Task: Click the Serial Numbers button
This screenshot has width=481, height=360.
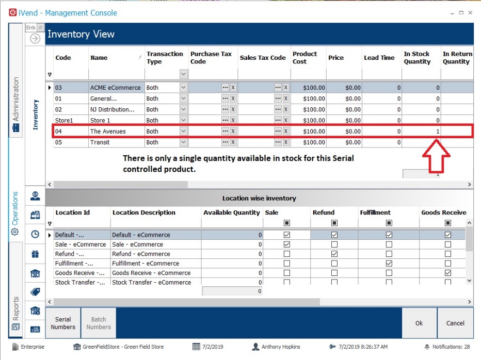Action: tap(63, 323)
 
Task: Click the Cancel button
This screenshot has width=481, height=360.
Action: tap(455, 323)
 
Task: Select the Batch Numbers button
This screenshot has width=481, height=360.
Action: tap(99, 323)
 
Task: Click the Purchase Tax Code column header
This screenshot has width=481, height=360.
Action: tap(211, 58)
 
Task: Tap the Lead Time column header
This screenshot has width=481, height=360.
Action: tap(379, 58)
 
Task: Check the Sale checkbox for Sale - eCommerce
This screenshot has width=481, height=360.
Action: tap(287, 244)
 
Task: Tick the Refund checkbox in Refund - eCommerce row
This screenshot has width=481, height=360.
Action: tap(334, 254)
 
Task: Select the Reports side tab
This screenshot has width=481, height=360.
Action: tap(15, 313)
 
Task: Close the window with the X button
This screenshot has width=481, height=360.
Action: tap(470, 13)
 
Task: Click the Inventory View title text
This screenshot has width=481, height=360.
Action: tap(81, 35)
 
